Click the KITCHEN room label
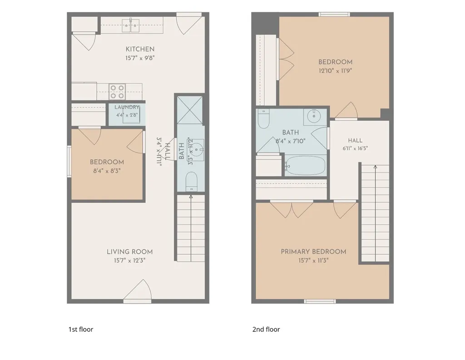140,49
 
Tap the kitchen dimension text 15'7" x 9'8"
140,58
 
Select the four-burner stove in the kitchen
117,92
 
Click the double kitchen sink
131,25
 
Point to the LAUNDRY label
127,107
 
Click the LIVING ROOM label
129,252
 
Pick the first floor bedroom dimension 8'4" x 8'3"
107,171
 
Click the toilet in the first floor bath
191,182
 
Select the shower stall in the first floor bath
190,110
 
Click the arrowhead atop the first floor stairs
191,197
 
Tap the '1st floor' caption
81,329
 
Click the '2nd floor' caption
266,329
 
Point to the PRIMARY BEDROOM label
313,252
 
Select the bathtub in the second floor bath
306,166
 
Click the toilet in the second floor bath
263,118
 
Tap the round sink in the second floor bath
314,116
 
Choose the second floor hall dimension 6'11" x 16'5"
355,148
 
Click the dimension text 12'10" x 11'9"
336,71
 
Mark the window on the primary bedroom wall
320,301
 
